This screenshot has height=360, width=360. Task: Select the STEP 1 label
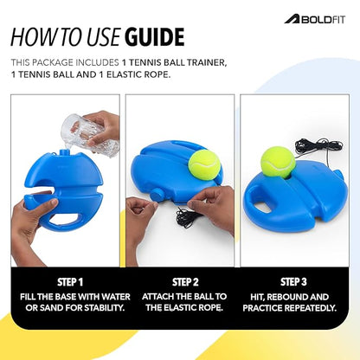(64, 281)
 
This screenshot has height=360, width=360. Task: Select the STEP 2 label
(180, 281)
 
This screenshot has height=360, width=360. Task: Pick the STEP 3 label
(295, 281)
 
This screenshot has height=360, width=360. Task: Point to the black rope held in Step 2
(183, 216)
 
